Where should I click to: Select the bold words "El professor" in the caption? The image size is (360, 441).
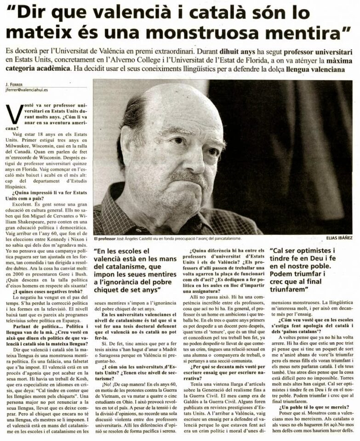[x=105, y=238]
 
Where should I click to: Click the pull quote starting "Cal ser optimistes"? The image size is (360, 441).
[x=313, y=271]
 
